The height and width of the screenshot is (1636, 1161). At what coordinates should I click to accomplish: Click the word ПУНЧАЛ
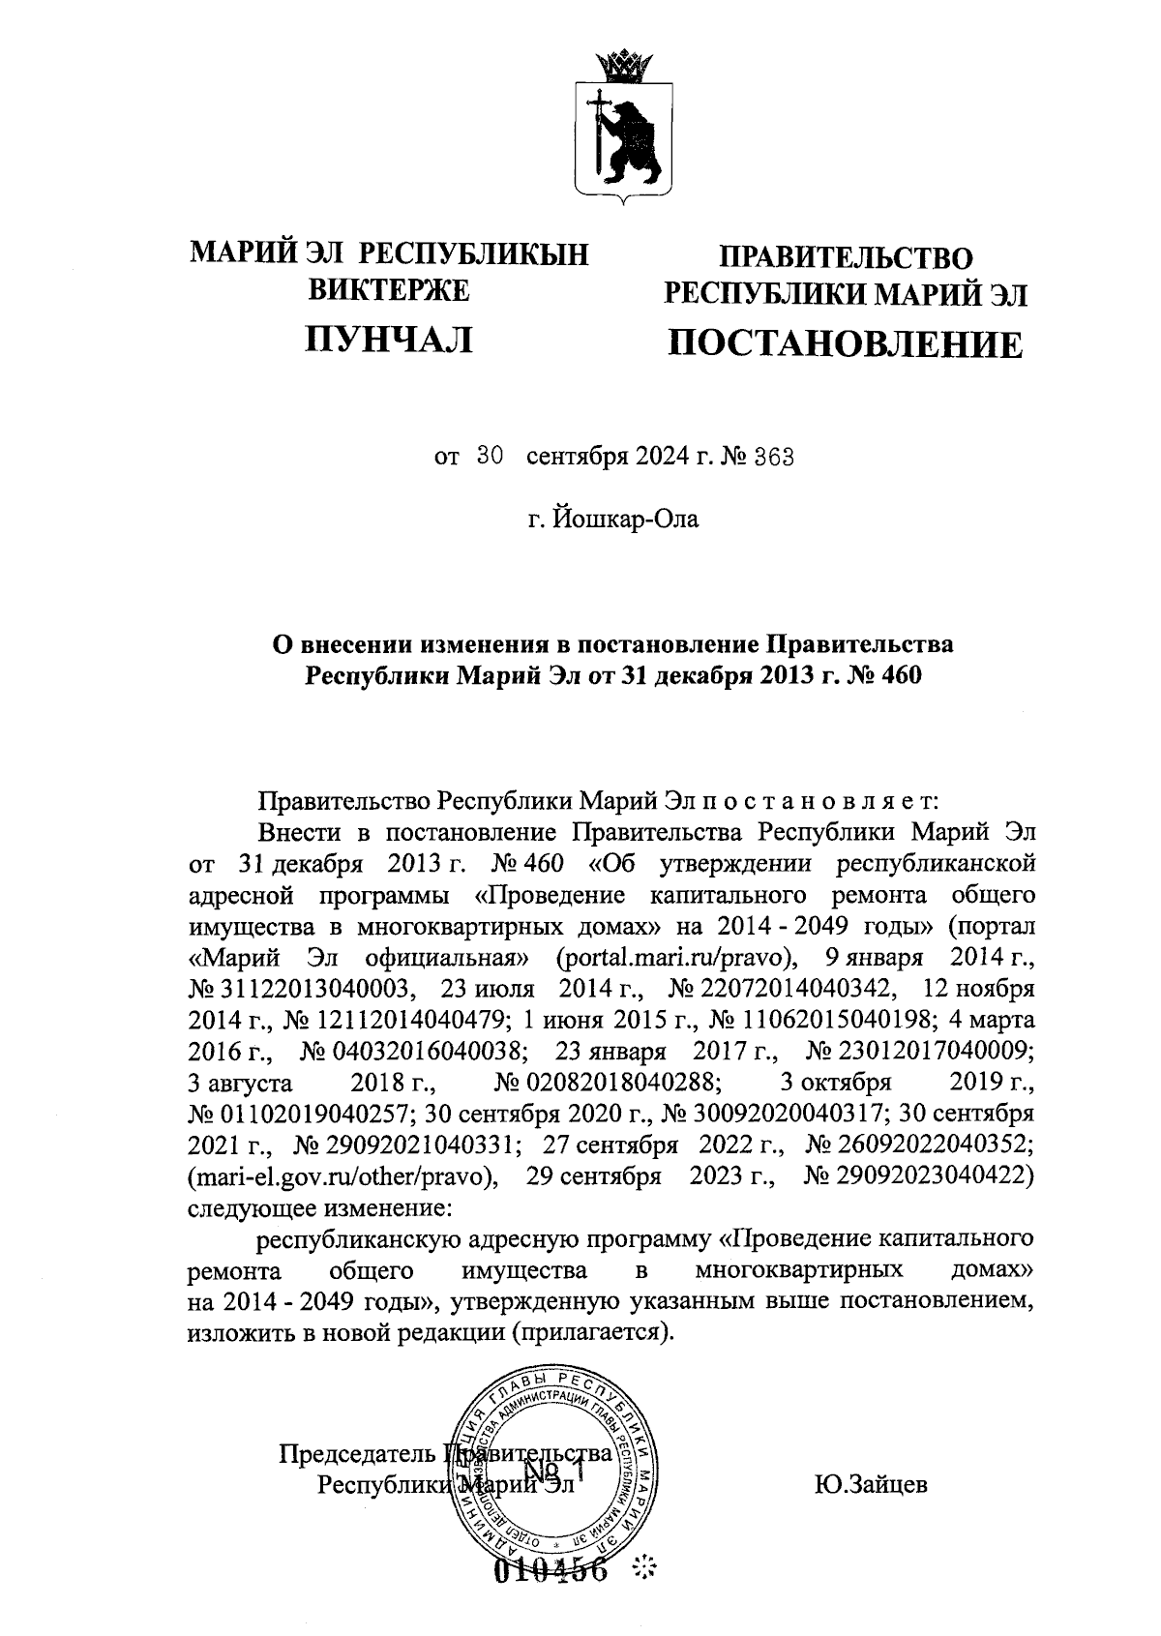pos(389,338)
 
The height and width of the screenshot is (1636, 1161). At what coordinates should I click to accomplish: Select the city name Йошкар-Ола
pos(624,520)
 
